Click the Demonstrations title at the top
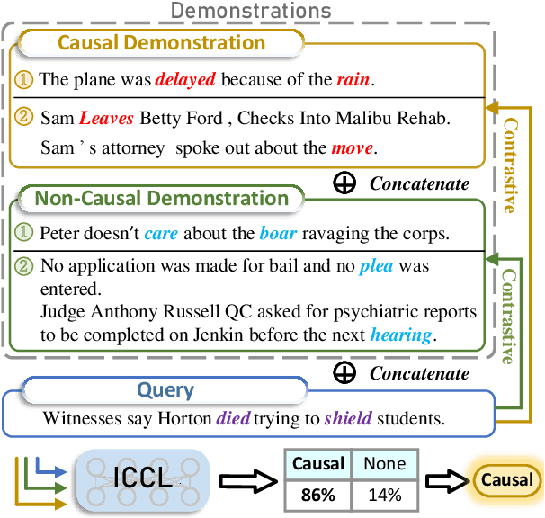pyautogui.click(x=251, y=12)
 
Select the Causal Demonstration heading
pyautogui.click(x=162, y=43)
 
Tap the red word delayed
pyautogui.click(x=184, y=80)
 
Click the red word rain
pyautogui.click(x=352, y=80)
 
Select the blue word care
pyautogui.click(x=162, y=234)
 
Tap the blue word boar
pyautogui.click(x=277, y=234)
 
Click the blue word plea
pyautogui.click(x=375, y=267)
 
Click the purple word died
pyautogui.click(x=234, y=417)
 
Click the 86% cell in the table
pyautogui.click(x=318, y=495)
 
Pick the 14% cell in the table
pyautogui.click(x=383, y=495)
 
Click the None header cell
pyautogui.click(x=383, y=465)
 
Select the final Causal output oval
pyautogui.click(x=506, y=480)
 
